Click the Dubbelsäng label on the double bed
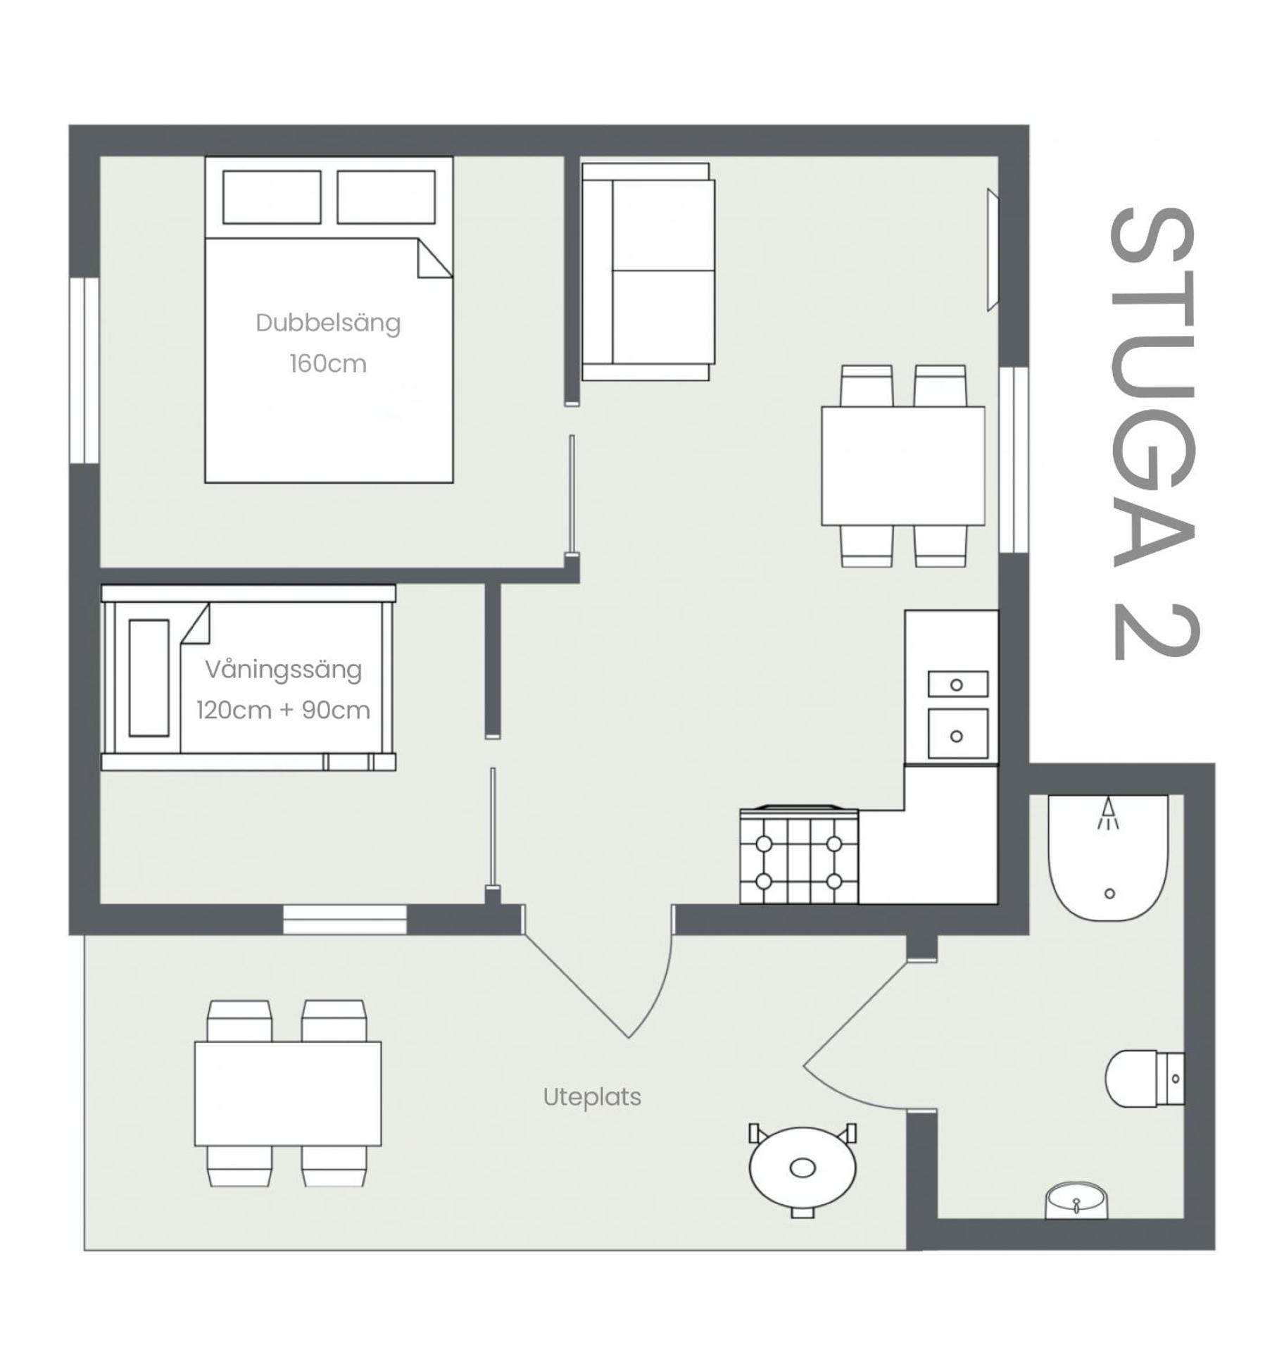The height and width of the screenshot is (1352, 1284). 327,323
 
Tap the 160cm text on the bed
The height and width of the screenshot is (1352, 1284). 327,363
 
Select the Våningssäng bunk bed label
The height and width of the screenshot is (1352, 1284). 283,669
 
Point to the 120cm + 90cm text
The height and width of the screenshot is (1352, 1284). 283,710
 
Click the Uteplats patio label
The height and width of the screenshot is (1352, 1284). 591,1096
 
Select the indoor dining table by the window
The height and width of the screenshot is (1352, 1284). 902,465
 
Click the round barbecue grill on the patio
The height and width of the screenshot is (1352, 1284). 802,1167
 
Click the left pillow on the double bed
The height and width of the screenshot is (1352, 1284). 272,197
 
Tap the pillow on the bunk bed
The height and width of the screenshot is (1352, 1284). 149,677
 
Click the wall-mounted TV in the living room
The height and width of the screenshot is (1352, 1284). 992,249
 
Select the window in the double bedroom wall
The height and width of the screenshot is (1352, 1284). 84,370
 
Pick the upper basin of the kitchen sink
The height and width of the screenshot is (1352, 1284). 957,684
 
